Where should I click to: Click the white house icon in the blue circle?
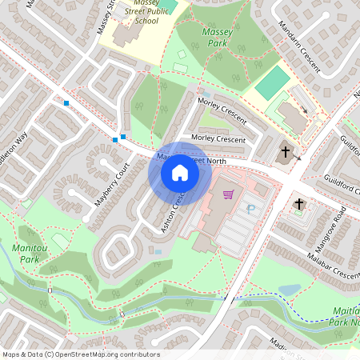[180, 172]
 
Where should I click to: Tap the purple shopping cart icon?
[229, 194]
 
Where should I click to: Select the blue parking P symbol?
[251, 210]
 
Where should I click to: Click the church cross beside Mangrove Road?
[299, 204]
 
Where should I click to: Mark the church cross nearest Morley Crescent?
[286, 151]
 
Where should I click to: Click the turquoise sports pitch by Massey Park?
[273, 82]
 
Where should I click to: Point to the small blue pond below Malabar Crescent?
[289, 290]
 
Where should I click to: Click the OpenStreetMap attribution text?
[81, 354]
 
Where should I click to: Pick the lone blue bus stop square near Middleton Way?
[66, 102]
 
